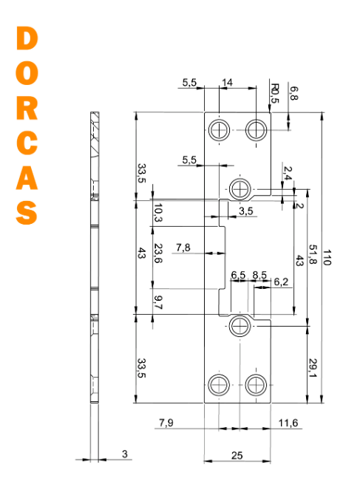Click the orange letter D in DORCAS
(x=27, y=38)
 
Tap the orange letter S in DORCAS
(x=27, y=213)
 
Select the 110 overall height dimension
(x=327, y=258)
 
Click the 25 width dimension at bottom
(x=237, y=455)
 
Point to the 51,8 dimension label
(x=313, y=254)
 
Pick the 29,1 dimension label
(x=313, y=368)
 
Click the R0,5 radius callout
(x=274, y=93)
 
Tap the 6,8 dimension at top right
(x=293, y=93)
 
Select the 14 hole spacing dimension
(x=227, y=83)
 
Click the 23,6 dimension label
(x=158, y=253)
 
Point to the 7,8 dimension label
(x=183, y=248)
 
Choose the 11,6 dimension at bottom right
(x=288, y=423)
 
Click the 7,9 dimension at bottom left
(x=166, y=423)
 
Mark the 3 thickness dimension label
(x=125, y=454)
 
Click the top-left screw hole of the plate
(x=219, y=130)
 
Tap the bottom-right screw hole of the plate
(x=256, y=385)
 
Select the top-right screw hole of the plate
(x=256, y=130)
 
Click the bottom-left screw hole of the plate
(x=219, y=385)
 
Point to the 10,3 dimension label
(x=158, y=213)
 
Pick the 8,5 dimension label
(x=259, y=275)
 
